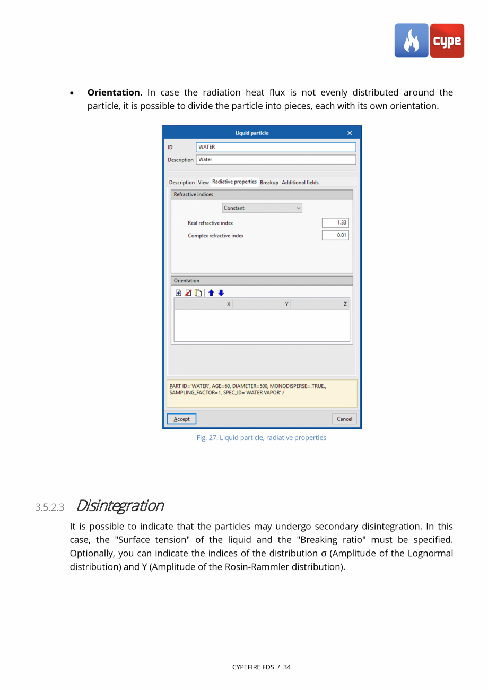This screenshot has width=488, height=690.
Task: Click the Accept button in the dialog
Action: point(181,419)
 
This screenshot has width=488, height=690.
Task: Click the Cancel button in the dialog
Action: point(344,419)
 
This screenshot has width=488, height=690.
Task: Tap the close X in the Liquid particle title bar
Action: point(349,133)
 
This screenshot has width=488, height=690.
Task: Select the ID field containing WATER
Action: point(275,147)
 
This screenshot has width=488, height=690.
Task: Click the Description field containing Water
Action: point(275,159)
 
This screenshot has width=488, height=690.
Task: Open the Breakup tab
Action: point(269,183)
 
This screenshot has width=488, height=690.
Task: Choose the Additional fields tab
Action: point(300,183)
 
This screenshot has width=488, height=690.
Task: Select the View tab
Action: point(203,183)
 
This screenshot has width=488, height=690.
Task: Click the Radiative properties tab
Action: point(234,182)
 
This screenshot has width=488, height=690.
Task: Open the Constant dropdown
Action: point(262,208)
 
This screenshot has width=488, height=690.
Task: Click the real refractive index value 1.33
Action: point(335,223)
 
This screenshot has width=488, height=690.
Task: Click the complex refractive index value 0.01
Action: point(335,235)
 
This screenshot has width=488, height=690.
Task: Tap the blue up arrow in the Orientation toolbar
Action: point(211,292)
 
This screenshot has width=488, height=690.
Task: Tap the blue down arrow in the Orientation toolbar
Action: point(221,292)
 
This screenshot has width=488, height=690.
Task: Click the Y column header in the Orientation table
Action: point(286,304)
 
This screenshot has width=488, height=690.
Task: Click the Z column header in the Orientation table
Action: point(345,304)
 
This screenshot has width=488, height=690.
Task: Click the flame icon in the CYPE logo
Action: point(411,41)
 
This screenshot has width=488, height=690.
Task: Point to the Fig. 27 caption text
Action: point(261,438)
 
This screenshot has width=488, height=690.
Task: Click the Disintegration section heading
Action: point(120,505)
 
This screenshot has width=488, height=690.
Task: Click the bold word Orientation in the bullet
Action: point(113,92)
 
